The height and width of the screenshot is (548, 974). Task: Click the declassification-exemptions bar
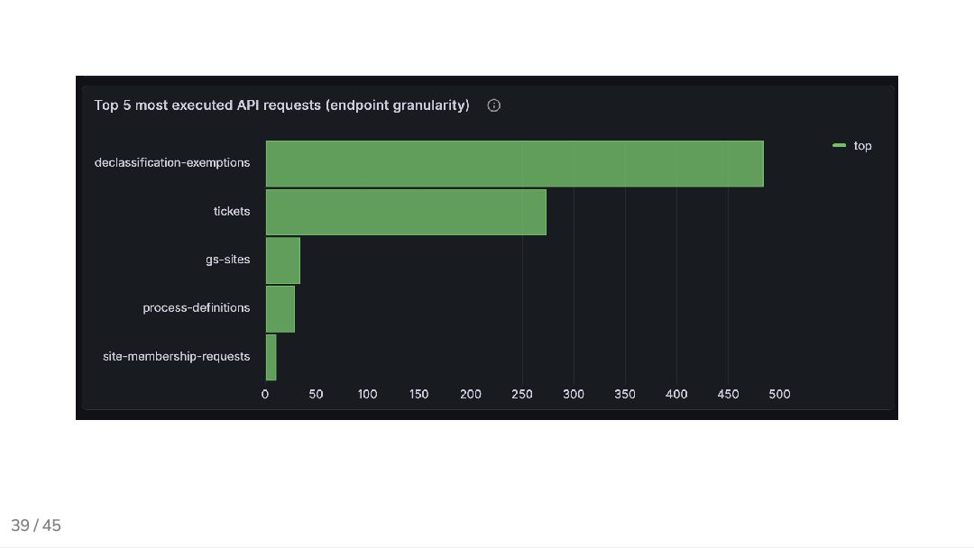pyautogui.click(x=514, y=163)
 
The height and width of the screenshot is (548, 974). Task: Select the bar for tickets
pyautogui.click(x=406, y=212)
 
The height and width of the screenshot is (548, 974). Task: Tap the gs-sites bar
pyautogui.click(x=282, y=260)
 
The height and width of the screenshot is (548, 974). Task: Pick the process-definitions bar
pyautogui.click(x=280, y=308)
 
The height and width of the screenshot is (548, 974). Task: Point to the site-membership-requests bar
pyautogui.click(x=271, y=357)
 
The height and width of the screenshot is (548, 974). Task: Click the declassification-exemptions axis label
pyautogui.click(x=172, y=163)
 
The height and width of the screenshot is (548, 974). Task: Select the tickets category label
pyautogui.click(x=232, y=212)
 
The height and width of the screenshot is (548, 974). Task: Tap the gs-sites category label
pyautogui.click(x=228, y=260)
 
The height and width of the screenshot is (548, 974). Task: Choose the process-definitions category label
pyautogui.click(x=196, y=308)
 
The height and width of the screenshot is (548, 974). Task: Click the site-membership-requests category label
pyautogui.click(x=176, y=357)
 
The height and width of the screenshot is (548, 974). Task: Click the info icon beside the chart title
pyautogui.click(x=494, y=105)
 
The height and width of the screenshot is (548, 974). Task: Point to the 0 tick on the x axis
pyautogui.click(x=265, y=394)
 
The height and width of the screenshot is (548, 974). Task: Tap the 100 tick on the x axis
pyautogui.click(x=368, y=394)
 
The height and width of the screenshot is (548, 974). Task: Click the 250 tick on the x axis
pyautogui.click(x=522, y=394)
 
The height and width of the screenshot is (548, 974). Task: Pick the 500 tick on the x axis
pyautogui.click(x=779, y=394)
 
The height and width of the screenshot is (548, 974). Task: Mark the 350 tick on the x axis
pyautogui.click(x=625, y=394)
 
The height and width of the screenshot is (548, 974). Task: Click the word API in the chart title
pyautogui.click(x=248, y=105)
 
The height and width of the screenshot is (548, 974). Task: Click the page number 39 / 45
pyautogui.click(x=36, y=525)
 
